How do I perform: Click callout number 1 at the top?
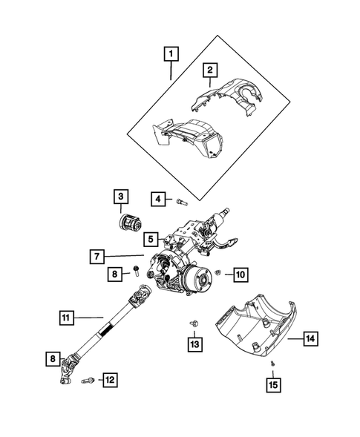click(172, 54)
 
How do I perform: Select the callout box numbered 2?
click(211, 70)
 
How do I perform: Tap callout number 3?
click(120, 197)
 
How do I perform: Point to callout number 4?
click(158, 198)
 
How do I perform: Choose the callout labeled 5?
click(151, 240)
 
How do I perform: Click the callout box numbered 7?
click(97, 256)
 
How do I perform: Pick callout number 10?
click(239, 275)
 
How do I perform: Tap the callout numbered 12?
click(109, 380)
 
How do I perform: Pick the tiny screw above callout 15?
click(273, 363)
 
